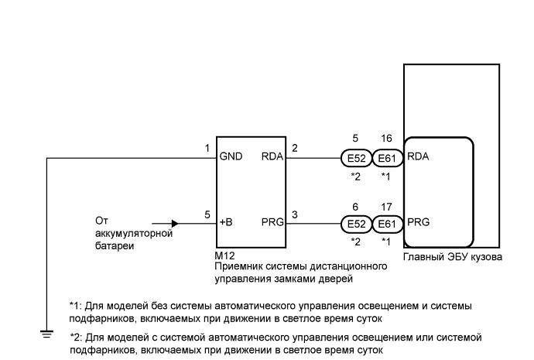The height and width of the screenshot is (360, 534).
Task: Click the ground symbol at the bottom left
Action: pyautogui.click(x=46, y=334)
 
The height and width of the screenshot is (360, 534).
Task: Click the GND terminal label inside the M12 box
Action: pyautogui.click(x=231, y=156)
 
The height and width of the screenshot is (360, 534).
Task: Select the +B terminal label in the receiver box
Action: pyautogui.click(x=226, y=222)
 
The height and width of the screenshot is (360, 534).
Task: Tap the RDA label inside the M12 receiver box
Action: pyautogui.click(x=272, y=156)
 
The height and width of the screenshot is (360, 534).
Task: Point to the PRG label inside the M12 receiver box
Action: pyautogui.click(x=272, y=222)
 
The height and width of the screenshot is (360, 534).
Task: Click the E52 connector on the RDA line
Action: pyautogui.click(x=356, y=159)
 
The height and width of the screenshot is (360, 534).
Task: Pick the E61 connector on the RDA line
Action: pyautogui.click(x=387, y=159)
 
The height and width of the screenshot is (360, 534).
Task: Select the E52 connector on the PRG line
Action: pyautogui.click(x=356, y=224)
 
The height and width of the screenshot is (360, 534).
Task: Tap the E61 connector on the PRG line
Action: pyautogui.click(x=387, y=224)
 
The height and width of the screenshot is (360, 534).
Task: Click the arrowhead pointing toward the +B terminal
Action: pyautogui.click(x=175, y=224)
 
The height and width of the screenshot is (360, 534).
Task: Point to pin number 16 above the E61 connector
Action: pyautogui.click(x=386, y=139)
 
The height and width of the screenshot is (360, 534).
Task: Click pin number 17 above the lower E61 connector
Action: pyautogui.click(x=386, y=207)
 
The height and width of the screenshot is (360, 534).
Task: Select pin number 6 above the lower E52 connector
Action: pyautogui.click(x=355, y=207)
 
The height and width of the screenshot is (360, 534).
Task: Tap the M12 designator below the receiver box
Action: pyautogui.click(x=224, y=255)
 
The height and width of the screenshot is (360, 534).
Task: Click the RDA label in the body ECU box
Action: pyautogui.click(x=418, y=156)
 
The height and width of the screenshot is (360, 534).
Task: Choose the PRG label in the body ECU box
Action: pyautogui.click(x=418, y=222)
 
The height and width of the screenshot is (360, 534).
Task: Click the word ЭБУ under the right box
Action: pyautogui.click(x=457, y=256)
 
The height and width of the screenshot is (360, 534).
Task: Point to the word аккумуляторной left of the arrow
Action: pyautogui.click(x=134, y=234)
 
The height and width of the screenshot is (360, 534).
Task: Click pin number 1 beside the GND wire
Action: pyautogui.click(x=207, y=149)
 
